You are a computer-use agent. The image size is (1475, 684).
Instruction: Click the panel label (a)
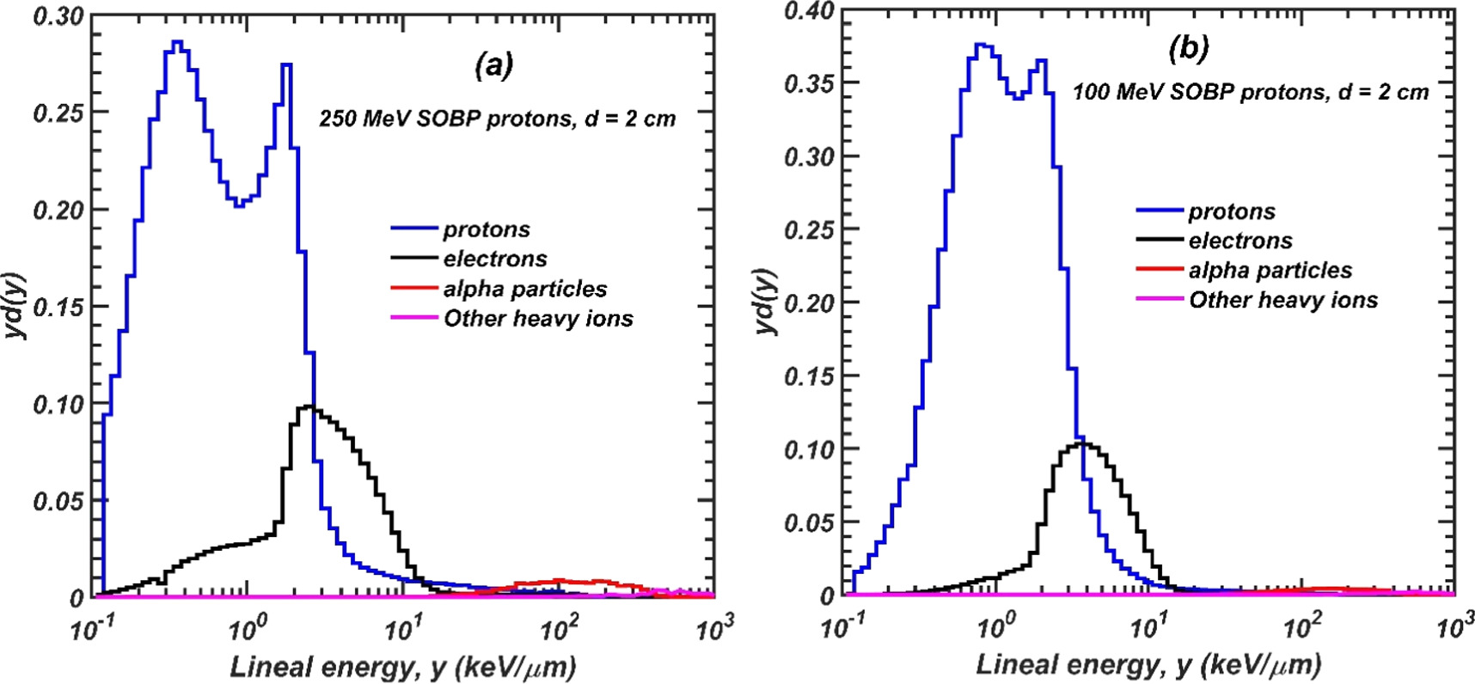tap(494, 65)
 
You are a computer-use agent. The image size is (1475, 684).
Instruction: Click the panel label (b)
tap(1189, 49)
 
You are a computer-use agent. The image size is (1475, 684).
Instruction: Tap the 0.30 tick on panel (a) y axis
tap(58, 16)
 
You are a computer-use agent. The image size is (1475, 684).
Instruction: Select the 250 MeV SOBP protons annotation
tap(497, 119)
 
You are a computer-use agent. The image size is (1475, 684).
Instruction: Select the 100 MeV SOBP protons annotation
tap(1250, 92)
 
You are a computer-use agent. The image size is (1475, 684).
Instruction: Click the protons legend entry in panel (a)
tap(486, 229)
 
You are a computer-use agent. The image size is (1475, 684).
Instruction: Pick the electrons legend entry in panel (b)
tap(1239, 241)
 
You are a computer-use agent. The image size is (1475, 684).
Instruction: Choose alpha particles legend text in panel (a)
tap(524, 289)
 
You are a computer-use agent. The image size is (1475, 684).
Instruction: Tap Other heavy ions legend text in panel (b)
tap(1282, 300)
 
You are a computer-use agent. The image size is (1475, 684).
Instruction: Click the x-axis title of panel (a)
tap(402, 666)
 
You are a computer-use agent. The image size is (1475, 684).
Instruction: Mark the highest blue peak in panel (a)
tap(177, 43)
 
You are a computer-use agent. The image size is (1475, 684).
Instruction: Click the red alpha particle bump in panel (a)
tap(559, 582)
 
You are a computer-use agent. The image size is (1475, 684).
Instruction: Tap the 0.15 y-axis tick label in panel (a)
tap(58, 307)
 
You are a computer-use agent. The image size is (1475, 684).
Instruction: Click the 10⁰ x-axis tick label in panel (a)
tap(246, 630)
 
